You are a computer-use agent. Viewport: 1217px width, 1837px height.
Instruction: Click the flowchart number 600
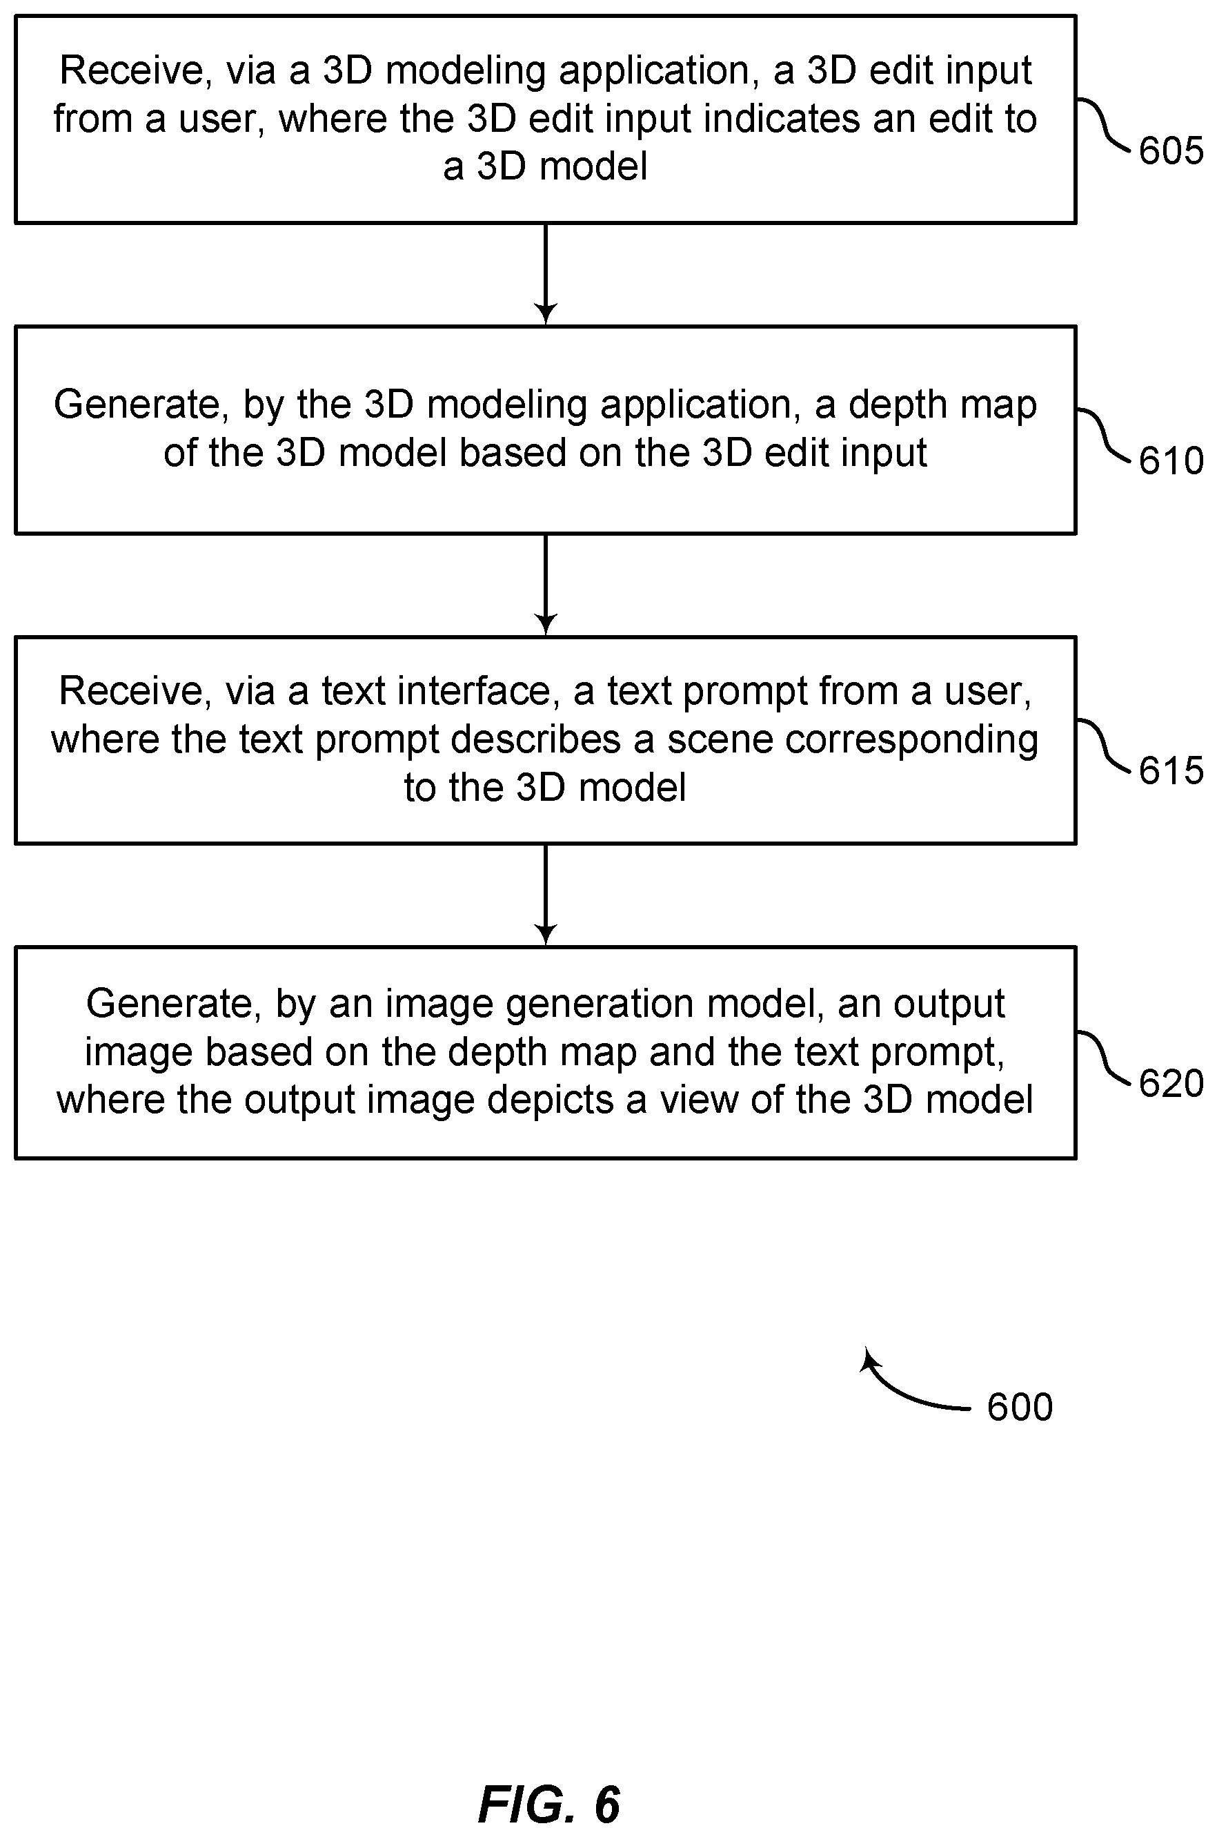point(1020,1407)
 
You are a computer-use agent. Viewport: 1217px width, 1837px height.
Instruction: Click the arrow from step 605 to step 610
point(546,274)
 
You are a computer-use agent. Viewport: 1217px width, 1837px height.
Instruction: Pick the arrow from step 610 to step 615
point(546,585)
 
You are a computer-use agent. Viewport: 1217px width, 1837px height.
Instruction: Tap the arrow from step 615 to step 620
point(546,895)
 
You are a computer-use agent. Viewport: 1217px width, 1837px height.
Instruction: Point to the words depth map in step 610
point(942,405)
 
